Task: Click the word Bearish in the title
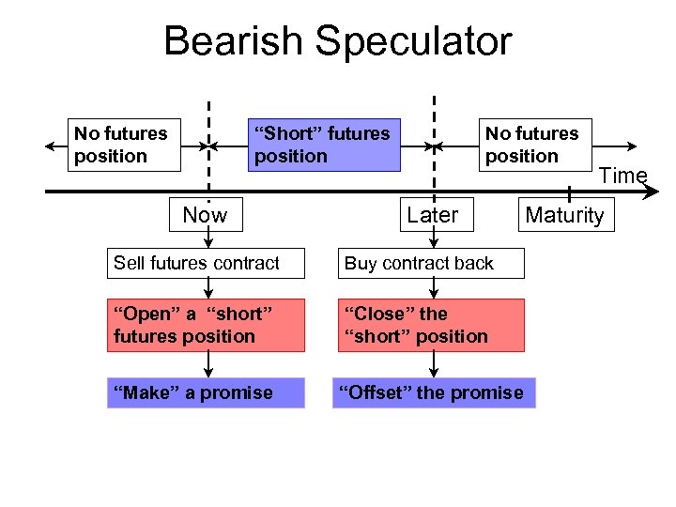coord(234,42)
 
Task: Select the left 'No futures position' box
coord(123,145)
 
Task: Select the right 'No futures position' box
coord(534,145)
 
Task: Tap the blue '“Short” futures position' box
coord(322,145)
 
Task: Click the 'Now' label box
coord(205,215)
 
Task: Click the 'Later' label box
coord(432,215)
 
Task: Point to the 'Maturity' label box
coord(565,215)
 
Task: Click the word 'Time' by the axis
coord(623,176)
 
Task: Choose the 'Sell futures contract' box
coord(206,263)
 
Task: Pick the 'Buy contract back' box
coord(431,263)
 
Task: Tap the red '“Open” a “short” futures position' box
coord(206,325)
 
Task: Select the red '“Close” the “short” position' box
coord(431,325)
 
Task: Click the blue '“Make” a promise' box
coord(206,392)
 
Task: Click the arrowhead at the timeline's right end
coord(653,192)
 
